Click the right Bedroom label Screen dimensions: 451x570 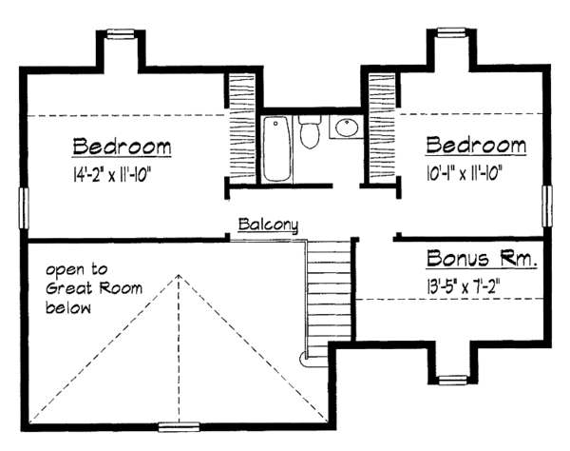click(476, 146)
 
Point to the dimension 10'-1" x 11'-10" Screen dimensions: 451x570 click(464, 172)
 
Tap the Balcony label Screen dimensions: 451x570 click(269, 225)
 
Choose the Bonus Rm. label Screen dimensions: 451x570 click(482, 258)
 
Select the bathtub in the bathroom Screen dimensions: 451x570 click(277, 148)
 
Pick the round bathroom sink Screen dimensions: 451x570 click(344, 128)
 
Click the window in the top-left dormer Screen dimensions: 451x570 click(119, 35)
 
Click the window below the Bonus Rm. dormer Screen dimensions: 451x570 click(453, 381)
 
